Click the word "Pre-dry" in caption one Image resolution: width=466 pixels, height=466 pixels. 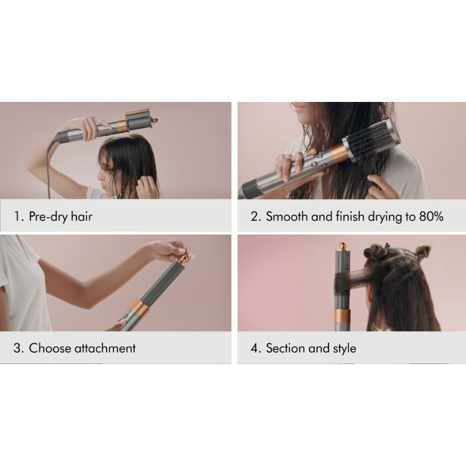pyautogui.click(x=47, y=217)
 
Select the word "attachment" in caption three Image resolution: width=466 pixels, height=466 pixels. pyautogui.click(x=105, y=348)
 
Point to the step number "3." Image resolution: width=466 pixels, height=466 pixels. pyautogui.click(x=19, y=348)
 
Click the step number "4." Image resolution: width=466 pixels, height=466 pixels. pyautogui.click(x=256, y=348)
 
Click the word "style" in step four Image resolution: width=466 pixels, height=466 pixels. pyautogui.click(x=344, y=348)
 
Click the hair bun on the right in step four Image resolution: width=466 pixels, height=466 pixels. pyautogui.click(x=423, y=252)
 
